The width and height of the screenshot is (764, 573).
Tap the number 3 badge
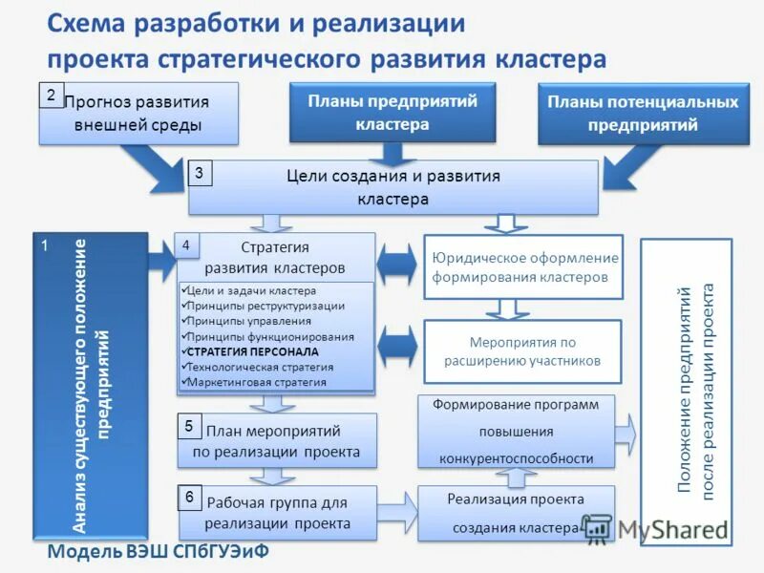pyautogui.click(x=199, y=173)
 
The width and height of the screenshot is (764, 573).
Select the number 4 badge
pyautogui.click(x=186, y=245)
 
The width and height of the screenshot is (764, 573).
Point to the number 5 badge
pyautogui.click(x=189, y=426)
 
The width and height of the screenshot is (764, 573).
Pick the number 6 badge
pyautogui.click(x=189, y=498)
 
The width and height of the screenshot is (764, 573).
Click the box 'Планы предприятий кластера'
pyautogui.click(x=392, y=112)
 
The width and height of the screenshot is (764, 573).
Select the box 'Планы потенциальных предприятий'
pyautogui.click(x=642, y=114)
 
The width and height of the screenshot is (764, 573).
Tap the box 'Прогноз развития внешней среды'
pyautogui.click(x=138, y=114)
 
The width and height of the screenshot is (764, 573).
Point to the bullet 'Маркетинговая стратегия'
pyautogui.click(x=257, y=382)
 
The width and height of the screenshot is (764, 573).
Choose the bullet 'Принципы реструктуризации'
pyautogui.click(x=266, y=306)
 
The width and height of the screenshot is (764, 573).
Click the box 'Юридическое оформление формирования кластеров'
pyautogui.click(x=523, y=267)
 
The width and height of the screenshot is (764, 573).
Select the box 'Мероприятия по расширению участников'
pyautogui.click(x=522, y=350)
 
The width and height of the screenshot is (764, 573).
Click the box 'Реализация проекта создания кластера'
pyautogui.click(x=515, y=513)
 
